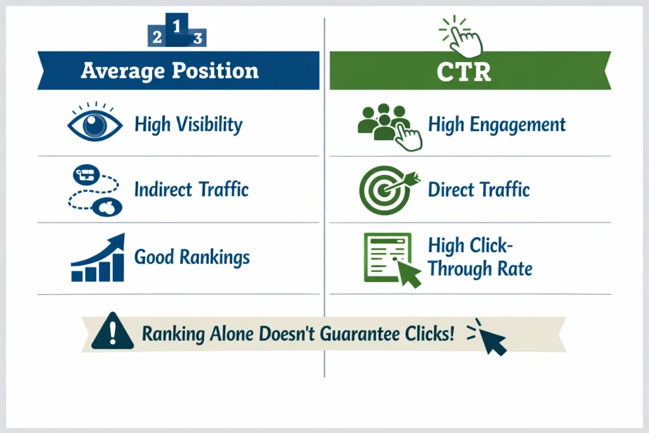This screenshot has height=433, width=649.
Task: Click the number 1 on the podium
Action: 177,27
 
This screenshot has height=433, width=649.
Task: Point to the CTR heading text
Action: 464,71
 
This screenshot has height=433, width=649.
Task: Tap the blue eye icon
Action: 95,125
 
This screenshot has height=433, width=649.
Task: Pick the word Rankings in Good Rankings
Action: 215,257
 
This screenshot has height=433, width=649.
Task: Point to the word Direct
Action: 452,189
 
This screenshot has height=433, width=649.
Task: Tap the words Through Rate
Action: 480,268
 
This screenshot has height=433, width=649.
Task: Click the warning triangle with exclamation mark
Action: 112,331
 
